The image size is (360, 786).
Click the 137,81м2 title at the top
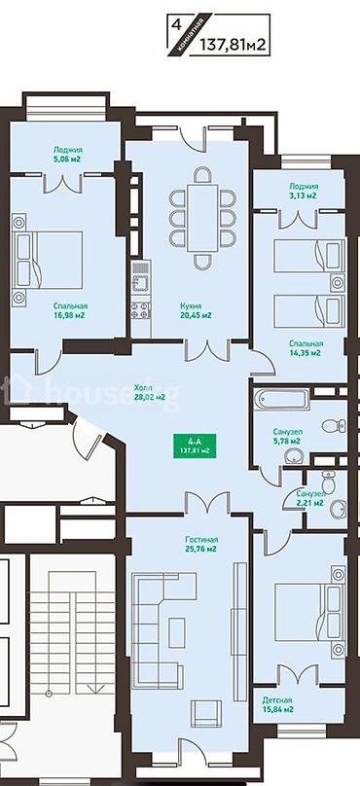click(x=233, y=44)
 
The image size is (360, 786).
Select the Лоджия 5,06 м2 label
click(x=68, y=155)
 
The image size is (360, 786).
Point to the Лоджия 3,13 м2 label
click(x=303, y=191)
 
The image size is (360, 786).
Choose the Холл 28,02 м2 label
click(x=150, y=392)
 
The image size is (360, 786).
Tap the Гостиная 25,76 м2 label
click(x=200, y=544)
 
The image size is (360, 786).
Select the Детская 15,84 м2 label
click(x=277, y=705)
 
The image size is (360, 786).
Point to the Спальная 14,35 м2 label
click(x=306, y=348)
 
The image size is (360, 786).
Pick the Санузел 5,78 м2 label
click(x=287, y=436)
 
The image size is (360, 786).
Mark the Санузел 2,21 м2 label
click(x=309, y=498)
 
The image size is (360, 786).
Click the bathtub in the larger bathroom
click(x=281, y=400)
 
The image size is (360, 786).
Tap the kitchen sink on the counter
click(x=140, y=284)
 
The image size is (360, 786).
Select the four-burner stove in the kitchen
click(x=140, y=310)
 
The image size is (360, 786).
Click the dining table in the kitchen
click(x=202, y=218)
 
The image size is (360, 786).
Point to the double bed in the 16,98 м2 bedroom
click(x=47, y=260)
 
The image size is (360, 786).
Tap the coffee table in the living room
click(x=176, y=632)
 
